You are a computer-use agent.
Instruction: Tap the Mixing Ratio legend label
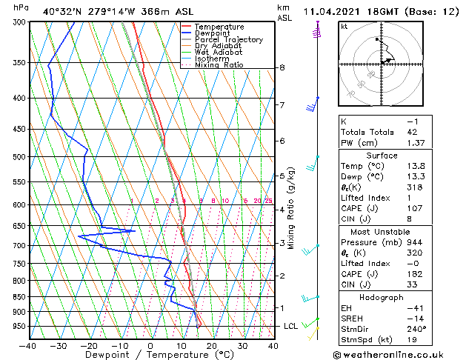tap(219, 65)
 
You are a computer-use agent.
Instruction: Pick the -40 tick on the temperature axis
tap(28, 346)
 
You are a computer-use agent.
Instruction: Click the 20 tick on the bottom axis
tap(211, 346)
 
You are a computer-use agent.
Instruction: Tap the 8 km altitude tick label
tap(282, 67)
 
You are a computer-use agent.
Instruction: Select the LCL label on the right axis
tap(291, 326)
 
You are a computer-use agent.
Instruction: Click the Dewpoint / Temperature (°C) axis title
tap(150, 355)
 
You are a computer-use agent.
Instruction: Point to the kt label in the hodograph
tap(344, 27)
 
